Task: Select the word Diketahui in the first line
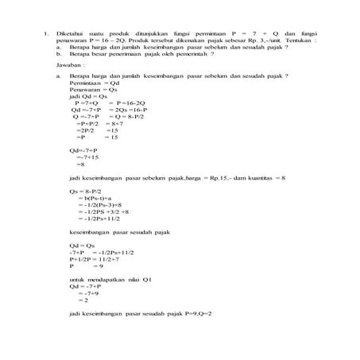point(71,34)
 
